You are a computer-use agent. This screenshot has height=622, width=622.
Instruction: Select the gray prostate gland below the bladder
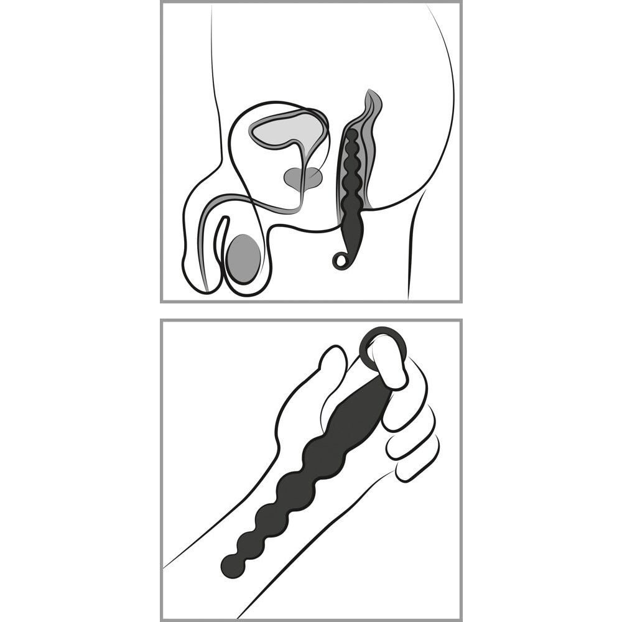coord(303,178)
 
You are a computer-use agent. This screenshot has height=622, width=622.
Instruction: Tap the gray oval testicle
coord(243,258)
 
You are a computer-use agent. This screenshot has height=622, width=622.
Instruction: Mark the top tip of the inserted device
coord(353,132)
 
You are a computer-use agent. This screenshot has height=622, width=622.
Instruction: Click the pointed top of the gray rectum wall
coord(371,93)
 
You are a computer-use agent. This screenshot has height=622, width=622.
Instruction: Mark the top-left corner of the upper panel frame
coord(162,3)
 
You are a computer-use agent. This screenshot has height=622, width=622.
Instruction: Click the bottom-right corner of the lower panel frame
coord(460,619)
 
